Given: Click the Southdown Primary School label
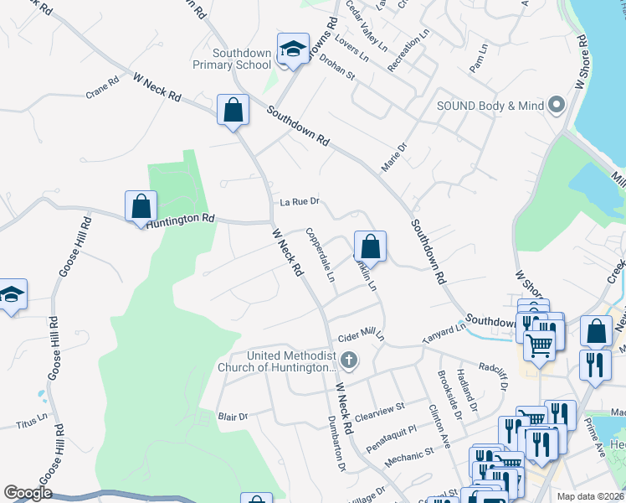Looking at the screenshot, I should [243, 59].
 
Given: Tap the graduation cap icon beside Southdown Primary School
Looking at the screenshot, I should [293, 49].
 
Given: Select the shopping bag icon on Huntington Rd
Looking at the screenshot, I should [141, 206].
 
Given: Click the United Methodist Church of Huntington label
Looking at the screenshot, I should [276, 360].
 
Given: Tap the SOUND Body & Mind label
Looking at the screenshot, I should [490, 106].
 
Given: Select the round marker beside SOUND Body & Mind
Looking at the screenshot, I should [556, 106].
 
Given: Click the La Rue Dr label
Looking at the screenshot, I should [300, 202].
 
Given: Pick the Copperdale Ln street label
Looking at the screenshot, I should [321, 255].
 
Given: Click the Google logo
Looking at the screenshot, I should [28, 493].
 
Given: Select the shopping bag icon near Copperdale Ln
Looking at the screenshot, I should [369, 247].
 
